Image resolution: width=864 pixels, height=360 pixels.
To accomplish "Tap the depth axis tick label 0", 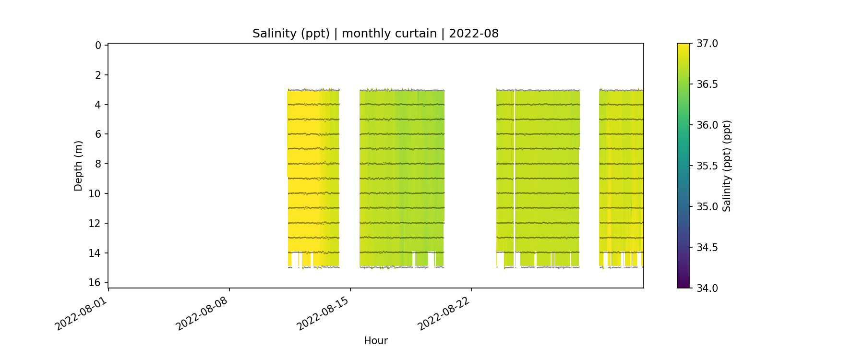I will click(x=98, y=46).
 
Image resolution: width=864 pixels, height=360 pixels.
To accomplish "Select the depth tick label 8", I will click(x=98, y=164).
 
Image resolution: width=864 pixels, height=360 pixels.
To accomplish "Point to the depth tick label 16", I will click(x=95, y=283).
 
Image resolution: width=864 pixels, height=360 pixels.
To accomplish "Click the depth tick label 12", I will click(x=95, y=224).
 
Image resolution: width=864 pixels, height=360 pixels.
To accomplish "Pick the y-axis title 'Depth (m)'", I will click(x=78, y=166).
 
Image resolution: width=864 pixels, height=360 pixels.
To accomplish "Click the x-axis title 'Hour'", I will click(x=375, y=341).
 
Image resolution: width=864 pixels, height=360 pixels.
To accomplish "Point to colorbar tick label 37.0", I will click(x=707, y=44).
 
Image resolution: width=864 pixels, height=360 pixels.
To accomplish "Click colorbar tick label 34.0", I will click(x=707, y=288).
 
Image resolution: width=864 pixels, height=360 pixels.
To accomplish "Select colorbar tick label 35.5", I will click(x=707, y=166).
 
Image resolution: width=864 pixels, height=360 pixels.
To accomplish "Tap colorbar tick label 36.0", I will click(x=707, y=125).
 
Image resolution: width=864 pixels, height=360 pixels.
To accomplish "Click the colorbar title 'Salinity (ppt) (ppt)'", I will click(x=727, y=166).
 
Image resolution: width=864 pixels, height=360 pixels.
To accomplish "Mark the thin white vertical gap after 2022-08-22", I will click(x=514, y=178).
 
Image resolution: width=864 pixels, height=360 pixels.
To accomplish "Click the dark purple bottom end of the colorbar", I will click(x=683, y=285).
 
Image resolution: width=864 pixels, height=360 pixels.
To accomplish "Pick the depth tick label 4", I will click(x=98, y=105).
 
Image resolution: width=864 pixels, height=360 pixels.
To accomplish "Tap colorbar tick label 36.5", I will click(x=707, y=84).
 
